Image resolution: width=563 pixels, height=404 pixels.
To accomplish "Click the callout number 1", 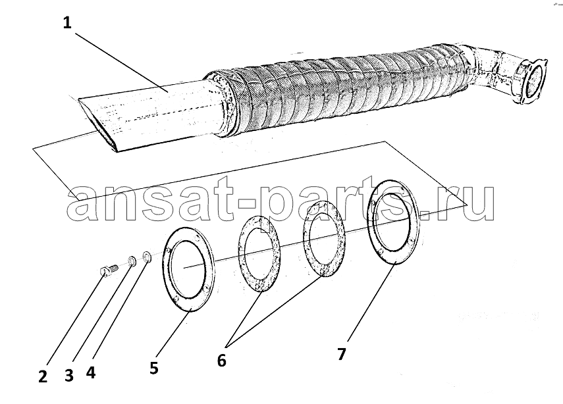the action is [x=67, y=23].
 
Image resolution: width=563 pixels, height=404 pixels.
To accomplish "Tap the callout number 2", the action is [x=43, y=377].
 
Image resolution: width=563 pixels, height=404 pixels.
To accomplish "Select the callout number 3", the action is [x=69, y=376].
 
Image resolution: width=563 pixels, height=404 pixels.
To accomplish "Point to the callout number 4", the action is [x=91, y=372].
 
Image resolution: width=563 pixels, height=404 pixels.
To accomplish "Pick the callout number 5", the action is [x=154, y=368].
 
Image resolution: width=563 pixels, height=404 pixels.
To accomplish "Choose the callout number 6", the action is [x=221, y=360].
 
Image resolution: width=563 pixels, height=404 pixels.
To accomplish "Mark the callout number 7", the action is [x=342, y=354].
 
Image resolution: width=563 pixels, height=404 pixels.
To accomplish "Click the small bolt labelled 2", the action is [x=108, y=270].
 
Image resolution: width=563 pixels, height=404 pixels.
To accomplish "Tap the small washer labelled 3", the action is [x=132, y=262].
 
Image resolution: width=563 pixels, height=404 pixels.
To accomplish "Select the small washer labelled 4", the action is [x=147, y=257].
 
